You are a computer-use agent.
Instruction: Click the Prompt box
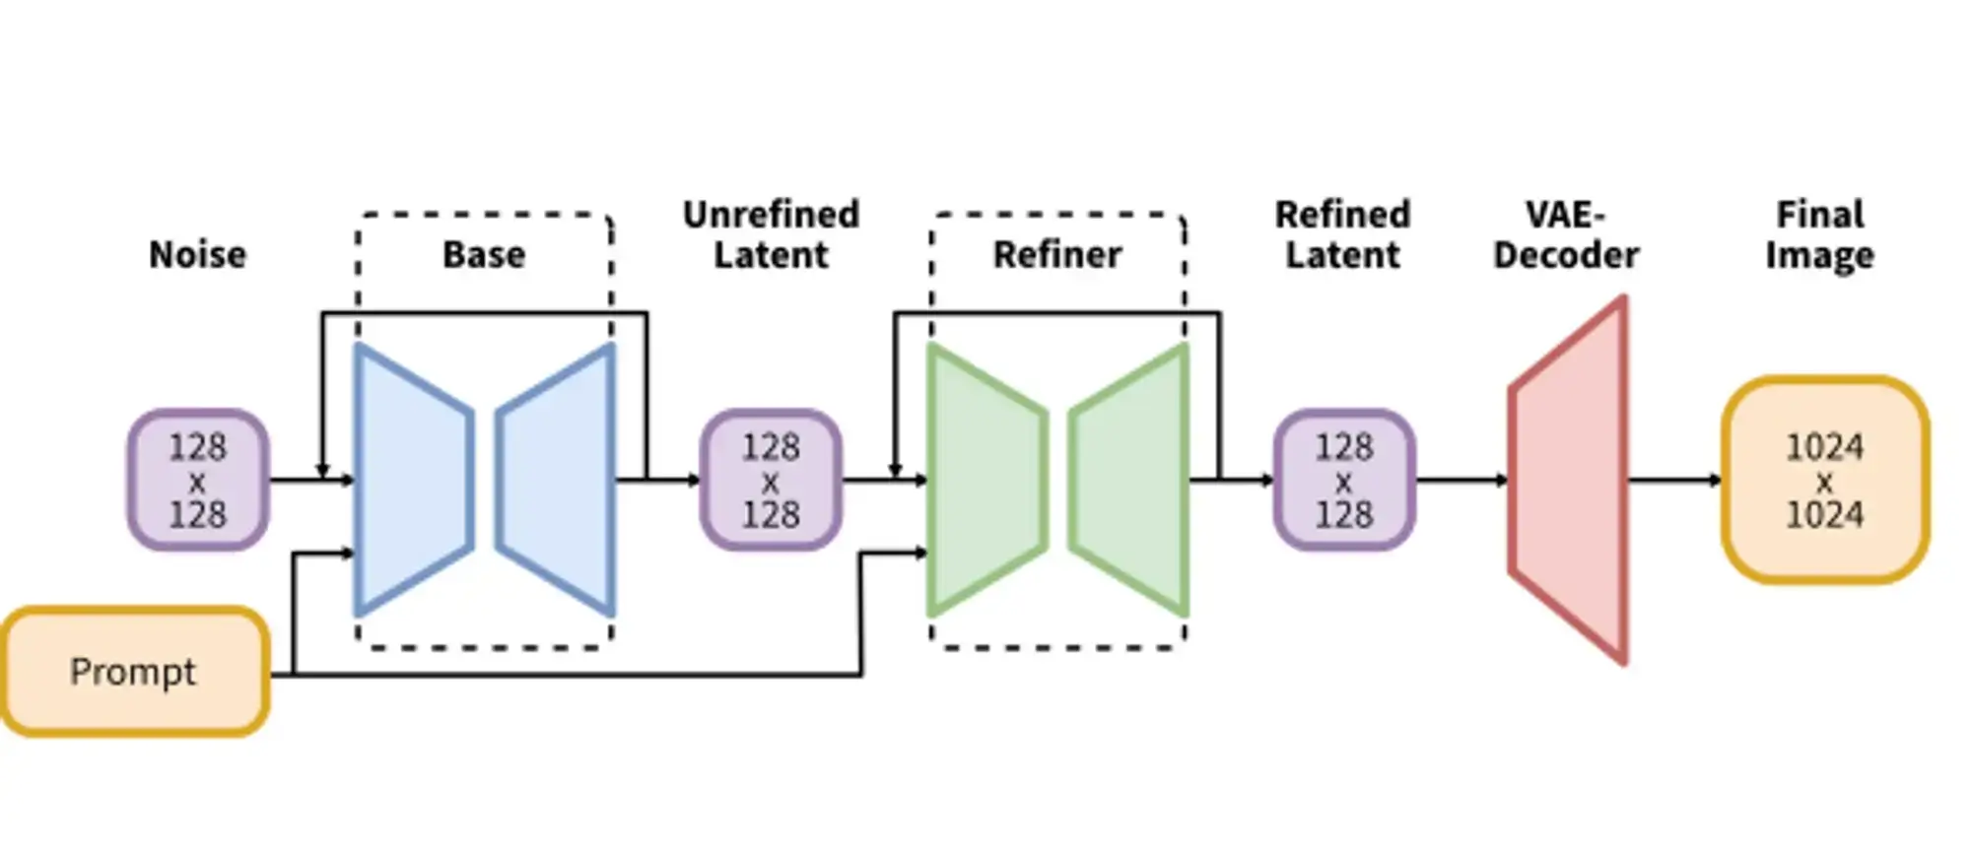pyautogui.click(x=134, y=672)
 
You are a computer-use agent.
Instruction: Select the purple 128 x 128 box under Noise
pyautogui.click(x=197, y=481)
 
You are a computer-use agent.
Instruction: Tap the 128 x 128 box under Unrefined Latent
pyautogui.click(x=771, y=481)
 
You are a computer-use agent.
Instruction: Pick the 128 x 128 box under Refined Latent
pyautogui.click(x=1344, y=481)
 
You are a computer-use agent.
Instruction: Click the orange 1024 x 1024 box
pyautogui.click(x=1825, y=481)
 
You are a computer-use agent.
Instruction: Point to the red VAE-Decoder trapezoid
pyautogui.click(x=1569, y=481)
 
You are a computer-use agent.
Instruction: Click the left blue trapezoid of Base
pyautogui.click(x=412, y=481)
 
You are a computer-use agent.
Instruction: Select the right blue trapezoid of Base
pyautogui.click(x=558, y=481)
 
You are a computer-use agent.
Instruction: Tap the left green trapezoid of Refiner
pyautogui.click(x=985, y=481)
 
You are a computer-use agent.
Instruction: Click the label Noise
pyautogui.click(x=197, y=255)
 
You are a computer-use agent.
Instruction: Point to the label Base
pyautogui.click(x=484, y=255)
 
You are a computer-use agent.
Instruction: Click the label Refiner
pyautogui.click(x=1057, y=255)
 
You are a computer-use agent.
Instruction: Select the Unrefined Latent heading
pyautogui.click(x=771, y=234)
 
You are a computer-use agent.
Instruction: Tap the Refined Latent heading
pyautogui.click(x=1342, y=234)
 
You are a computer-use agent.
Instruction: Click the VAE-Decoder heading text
pyautogui.click(x=1566, y=234)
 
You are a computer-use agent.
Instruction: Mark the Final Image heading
pyautogui.click(x=1819, y=234)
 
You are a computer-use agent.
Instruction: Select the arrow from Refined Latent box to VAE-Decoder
pyautogui.click(x=1462, y=481)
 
